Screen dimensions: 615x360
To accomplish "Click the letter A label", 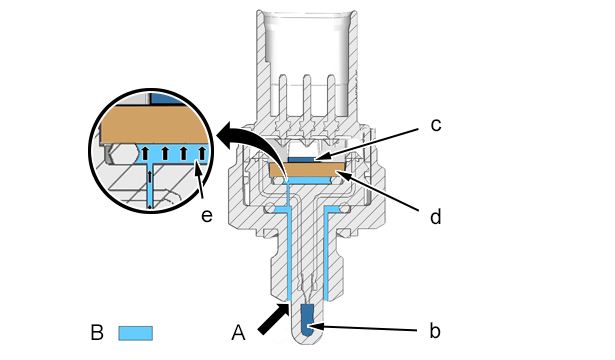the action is [238, 333].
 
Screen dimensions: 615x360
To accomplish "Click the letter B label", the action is [97, 333].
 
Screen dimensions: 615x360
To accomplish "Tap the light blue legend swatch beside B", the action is [136, 333].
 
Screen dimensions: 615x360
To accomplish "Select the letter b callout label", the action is [435, 331].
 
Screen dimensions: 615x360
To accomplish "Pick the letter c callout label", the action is [436, 125].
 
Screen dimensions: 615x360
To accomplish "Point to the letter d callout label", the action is [435, 216].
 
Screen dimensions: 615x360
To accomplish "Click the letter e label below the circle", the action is [207, 216].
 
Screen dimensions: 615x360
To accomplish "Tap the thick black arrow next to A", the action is [273, 320].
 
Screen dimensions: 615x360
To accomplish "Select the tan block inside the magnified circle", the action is [154, 125].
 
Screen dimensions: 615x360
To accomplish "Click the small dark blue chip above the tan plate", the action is [301, 159].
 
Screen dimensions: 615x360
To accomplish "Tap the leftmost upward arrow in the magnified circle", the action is [145, 153].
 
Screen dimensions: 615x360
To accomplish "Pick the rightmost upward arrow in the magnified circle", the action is [202, 153].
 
